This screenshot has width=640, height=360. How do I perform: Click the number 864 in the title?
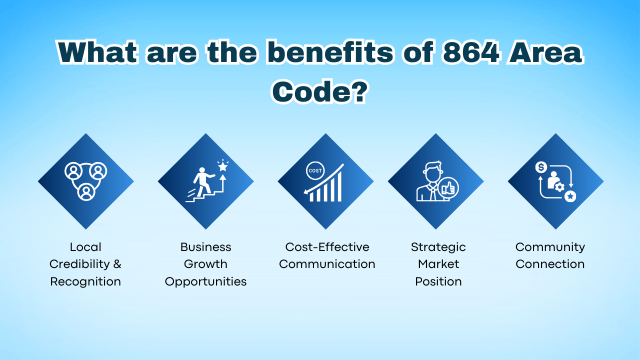(470, 52)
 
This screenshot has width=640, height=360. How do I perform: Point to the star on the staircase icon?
(222, 166)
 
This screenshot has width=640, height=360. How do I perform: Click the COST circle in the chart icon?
(315, 171)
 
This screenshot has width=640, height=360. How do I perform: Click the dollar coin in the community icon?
(540, 167)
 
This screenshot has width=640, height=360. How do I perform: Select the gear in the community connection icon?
(559, 187)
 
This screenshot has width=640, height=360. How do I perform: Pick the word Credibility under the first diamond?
(78, 264)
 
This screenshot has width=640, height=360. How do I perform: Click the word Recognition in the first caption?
(85, 281)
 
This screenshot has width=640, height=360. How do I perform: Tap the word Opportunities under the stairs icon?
(205, 281)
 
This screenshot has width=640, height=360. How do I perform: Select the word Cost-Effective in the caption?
(327, 247)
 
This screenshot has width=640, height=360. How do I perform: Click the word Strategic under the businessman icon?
(438, 247)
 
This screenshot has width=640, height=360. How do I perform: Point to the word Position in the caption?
(438, 281)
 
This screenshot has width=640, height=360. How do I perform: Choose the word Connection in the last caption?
(550, 264)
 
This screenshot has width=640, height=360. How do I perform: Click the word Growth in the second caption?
(205, 264)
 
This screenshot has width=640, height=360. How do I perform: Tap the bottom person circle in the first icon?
(86, 191)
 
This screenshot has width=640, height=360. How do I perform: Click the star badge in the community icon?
(569, 196)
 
